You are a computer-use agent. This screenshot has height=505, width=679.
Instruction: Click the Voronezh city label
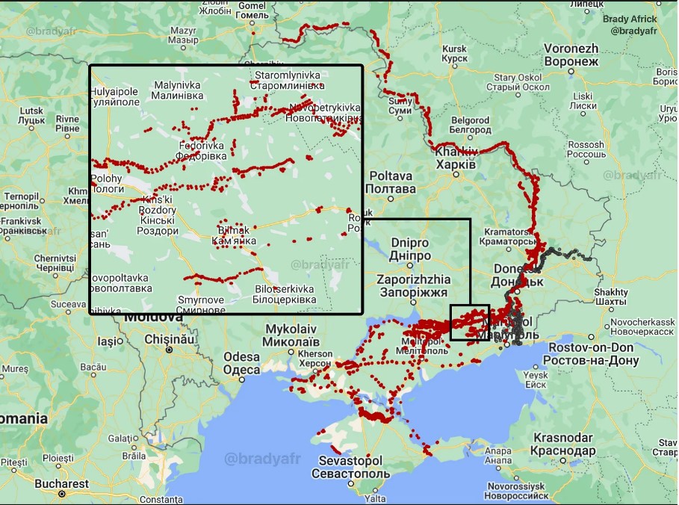point(571,55)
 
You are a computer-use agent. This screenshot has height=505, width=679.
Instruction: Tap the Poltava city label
point(391,182)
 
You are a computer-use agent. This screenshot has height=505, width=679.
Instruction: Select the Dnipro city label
point(409,250)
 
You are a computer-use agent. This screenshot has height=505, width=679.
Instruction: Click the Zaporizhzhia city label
point(412,286)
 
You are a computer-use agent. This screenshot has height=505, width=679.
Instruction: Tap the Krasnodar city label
point(563,444)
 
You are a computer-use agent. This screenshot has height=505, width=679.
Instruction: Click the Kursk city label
point(454,53)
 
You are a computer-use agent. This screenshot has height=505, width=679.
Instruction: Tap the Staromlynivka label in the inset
point(288,81)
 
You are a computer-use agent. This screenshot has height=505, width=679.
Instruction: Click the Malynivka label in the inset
point(177,90)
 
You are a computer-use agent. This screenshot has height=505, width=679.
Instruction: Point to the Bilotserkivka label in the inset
point(285,294)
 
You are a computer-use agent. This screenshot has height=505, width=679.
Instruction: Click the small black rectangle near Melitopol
point(470,322)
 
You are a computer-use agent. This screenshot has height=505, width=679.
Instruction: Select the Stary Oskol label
point(516,82)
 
